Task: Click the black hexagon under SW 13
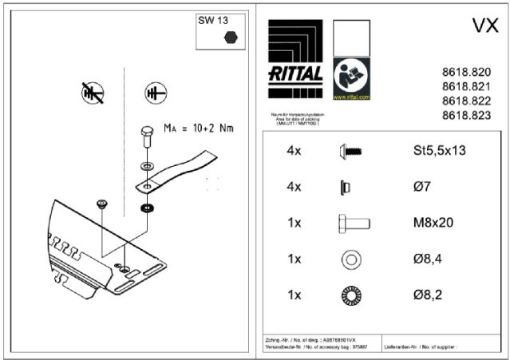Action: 231,36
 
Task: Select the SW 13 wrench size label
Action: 211,22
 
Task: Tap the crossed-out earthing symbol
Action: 93,93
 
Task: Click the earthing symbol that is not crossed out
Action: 154,93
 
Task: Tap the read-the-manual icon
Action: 351,77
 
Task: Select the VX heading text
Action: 485,26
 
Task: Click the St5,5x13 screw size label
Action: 437,150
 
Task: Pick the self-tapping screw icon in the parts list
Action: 351,150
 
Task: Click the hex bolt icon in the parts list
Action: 352,223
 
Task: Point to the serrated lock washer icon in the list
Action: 351,295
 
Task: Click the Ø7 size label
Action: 423,187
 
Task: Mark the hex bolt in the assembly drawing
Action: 145,136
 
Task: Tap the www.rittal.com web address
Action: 351,97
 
